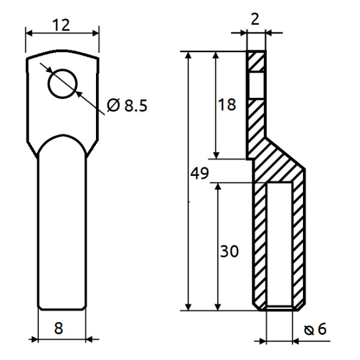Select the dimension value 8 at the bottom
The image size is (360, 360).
58,328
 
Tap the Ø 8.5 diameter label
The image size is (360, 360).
127,106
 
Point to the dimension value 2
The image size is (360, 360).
255,19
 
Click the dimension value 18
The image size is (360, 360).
227,104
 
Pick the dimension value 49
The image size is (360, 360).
199,174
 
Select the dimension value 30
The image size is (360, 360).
229,251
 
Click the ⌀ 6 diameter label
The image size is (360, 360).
316,329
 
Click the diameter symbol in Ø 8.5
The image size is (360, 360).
113,106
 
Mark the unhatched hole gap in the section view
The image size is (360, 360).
256,85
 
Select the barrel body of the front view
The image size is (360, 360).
61,228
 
